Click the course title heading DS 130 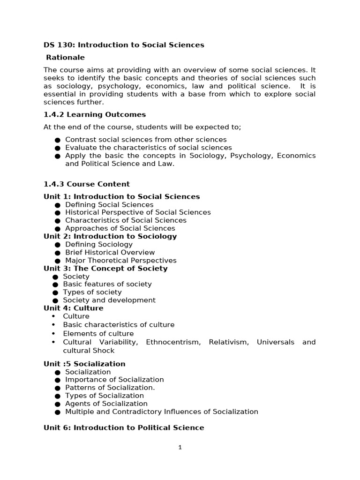point(124,45)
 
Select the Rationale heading point(66,57)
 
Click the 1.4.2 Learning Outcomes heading point(95,114)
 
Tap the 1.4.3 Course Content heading point(87,184)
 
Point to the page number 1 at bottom point(180,447)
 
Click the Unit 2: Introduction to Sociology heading point(110,236)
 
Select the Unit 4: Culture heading point(74,308)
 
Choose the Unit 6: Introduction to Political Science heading point(124,427)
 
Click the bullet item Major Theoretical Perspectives point(121,260)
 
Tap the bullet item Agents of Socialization point(106,404)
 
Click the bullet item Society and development point(109,300)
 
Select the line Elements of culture point(98,334)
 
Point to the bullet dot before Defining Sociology point(57,245)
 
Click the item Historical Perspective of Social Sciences point(138,212)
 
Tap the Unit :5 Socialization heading point(84,364)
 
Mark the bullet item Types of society point(92,292)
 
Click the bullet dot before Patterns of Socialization point(57,388)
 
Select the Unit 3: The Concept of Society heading point(105,268)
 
